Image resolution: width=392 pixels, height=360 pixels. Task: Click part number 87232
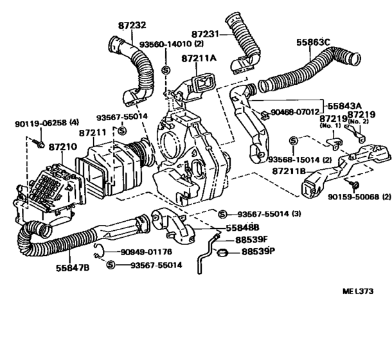point(132,25)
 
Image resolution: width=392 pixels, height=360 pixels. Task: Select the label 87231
point(205,34)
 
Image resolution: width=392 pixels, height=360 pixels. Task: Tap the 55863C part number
point(313,42)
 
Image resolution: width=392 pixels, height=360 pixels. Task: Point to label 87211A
point(199,59)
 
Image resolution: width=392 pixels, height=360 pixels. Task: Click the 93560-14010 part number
point(166,44)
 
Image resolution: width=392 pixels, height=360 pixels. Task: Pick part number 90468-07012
point(295,112)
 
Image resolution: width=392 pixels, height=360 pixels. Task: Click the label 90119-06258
point(40,123)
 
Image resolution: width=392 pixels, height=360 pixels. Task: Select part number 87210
point(63,147)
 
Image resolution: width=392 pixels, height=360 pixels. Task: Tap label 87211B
point(289,171)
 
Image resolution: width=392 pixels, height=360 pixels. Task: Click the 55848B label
point(242,228)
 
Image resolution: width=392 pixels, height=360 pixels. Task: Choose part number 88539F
point(251,240)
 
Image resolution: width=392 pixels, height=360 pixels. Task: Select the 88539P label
point(258,251)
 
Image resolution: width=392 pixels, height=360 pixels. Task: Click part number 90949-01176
point(147,251)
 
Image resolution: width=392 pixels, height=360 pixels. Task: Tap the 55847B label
point(73,268)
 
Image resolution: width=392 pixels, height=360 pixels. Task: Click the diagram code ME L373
point(358,291)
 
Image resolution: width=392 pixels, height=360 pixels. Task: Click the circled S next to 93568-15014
point(294,141)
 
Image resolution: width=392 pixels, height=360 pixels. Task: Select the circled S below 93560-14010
point(166,70)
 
